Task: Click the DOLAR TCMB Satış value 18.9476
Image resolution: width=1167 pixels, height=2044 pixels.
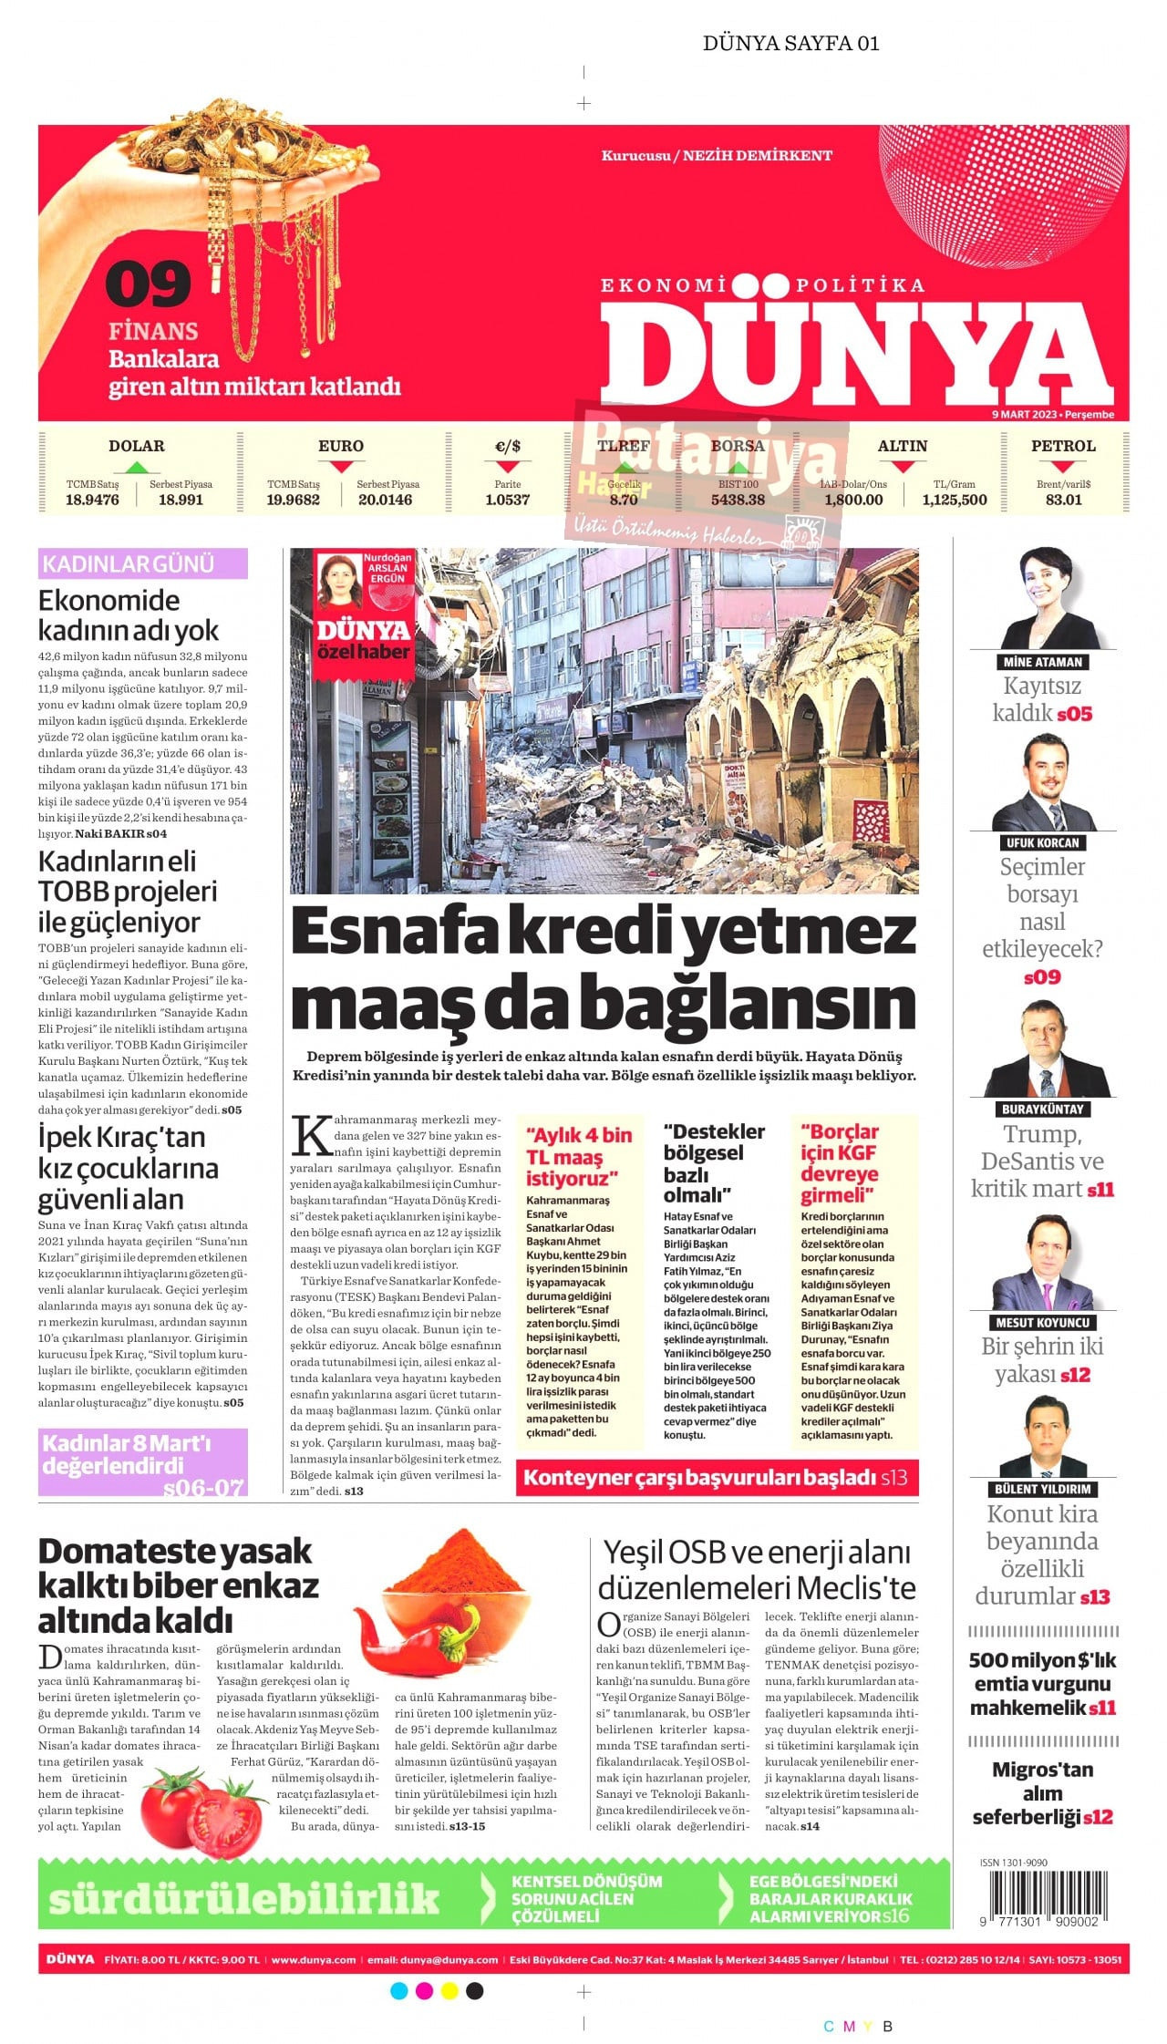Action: coord(92,500)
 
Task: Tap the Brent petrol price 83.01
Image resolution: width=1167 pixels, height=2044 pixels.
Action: coord(1063,500)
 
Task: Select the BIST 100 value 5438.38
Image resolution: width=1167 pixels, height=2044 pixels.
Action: coord(738,500)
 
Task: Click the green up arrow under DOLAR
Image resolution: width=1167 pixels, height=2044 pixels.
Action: coord(136,467)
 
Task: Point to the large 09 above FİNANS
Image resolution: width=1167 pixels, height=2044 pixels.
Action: coord(149,284)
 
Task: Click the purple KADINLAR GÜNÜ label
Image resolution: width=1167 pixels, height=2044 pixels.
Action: coord(142,563)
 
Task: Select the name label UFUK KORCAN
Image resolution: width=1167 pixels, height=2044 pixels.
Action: coord(1042,842)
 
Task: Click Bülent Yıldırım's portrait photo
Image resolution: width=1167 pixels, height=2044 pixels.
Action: coord(1042,1438)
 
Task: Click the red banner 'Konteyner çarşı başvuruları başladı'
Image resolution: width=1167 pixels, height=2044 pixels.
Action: coord(717,1477)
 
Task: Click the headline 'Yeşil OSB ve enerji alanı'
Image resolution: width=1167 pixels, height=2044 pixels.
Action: coord(757,1552)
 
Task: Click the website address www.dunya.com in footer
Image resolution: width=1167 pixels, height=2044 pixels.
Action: coord(314,1959)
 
